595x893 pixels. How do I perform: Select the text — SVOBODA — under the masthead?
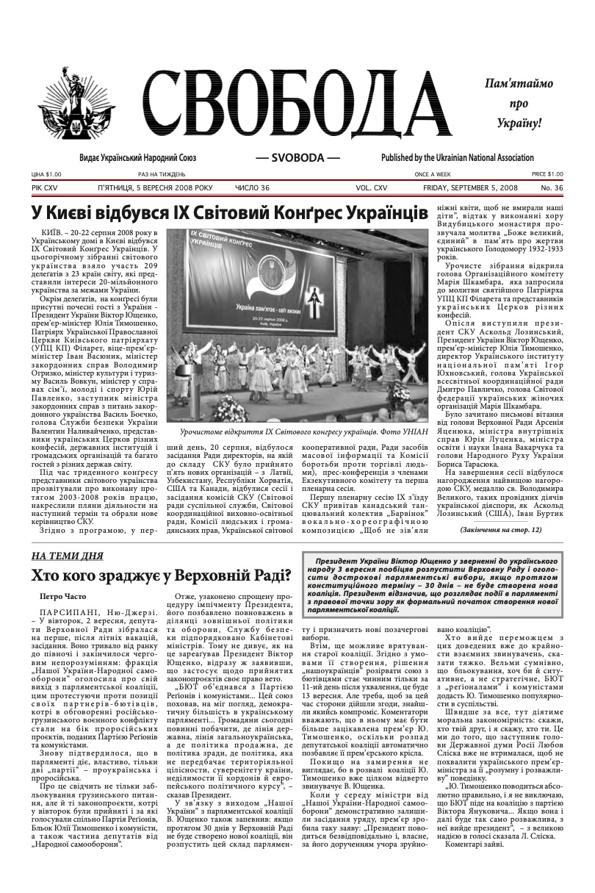pos(297,158)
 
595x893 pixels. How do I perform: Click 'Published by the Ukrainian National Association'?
pos(457,158)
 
